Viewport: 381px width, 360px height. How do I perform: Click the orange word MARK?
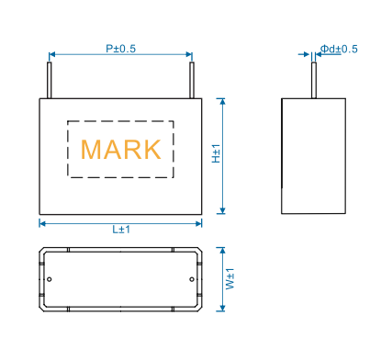121,150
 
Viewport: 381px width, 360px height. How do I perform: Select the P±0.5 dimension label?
120,49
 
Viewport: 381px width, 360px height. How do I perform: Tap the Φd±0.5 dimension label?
339,49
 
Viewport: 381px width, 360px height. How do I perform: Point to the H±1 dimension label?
217,153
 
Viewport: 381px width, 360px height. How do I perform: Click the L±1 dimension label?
121,230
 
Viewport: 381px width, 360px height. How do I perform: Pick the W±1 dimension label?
230,279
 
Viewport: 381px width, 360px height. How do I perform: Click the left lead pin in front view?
49,80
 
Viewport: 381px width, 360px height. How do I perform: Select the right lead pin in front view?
192,80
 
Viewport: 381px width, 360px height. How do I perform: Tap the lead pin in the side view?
314,80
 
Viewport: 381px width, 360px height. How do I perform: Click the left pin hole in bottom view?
50,279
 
